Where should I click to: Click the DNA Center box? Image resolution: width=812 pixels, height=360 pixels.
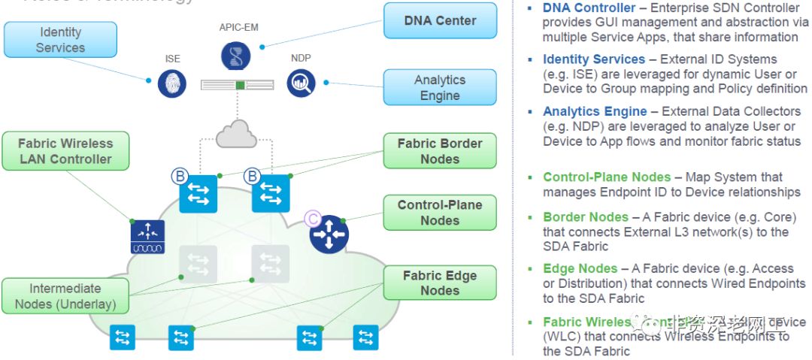tap(440, 21)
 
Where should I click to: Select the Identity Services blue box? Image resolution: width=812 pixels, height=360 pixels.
tap(60, 40)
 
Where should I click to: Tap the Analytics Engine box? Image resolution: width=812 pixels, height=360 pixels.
tap(440, 88)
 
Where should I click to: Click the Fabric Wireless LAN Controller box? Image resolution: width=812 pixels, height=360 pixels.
tap(65, 151)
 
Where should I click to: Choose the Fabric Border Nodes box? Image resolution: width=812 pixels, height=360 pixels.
tap(440, 151)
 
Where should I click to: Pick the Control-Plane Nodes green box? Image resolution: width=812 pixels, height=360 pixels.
tap(440, 213)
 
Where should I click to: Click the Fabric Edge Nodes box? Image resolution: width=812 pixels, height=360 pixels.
tap(440, 283)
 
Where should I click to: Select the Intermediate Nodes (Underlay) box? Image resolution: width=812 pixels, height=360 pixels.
tap(65, 296)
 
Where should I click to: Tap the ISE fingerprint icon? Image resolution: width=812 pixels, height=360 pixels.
tap(172, 83)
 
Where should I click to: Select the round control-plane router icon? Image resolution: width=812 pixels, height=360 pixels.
tap(329, 234)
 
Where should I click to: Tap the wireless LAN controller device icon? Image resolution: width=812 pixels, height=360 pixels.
tap(147, 237)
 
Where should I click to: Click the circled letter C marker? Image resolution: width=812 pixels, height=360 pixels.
tap(313, 219)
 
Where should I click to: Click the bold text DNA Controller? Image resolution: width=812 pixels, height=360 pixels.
tap(589, 8)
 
